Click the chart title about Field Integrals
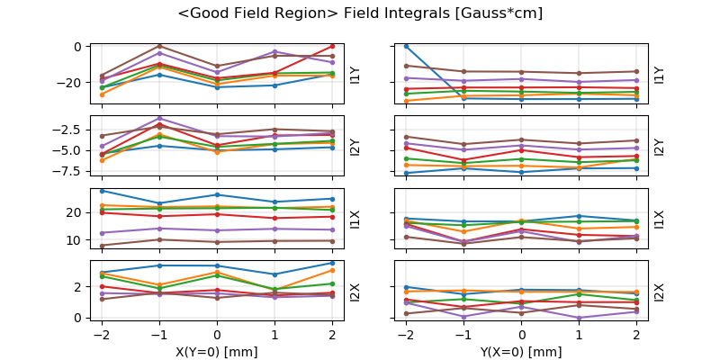point(360,13)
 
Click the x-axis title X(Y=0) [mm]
point(217,351)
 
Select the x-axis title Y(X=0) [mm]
point(522,351)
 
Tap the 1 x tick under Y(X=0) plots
point(580,335)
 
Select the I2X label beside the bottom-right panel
point(659,292)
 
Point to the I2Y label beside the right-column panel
point(659,147)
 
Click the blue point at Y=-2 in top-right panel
point(406,46)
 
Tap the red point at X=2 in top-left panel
point(332,46)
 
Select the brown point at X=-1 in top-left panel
point(159,46)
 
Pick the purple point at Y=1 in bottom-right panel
point(580,318)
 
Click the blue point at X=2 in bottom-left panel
point(332,263)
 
